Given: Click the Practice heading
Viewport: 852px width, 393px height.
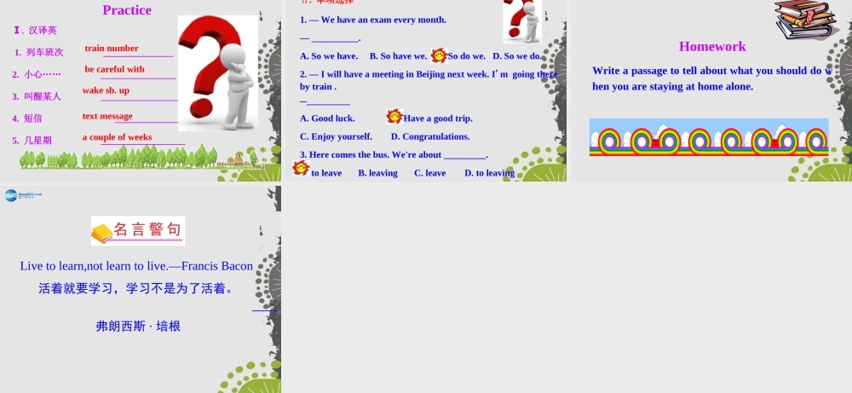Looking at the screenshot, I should click(127, 10).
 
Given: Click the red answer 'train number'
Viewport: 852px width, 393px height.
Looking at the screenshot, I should click(112, 49).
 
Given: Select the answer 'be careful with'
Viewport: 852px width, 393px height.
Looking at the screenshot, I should click(114, 69).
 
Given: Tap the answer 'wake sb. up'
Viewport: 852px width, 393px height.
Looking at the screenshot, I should click(106, 90).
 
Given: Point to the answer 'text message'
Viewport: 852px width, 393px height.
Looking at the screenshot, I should click(107, 116).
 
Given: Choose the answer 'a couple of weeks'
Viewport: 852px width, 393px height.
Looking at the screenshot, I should click(117, 137).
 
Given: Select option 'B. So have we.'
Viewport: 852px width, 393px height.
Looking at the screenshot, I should click(398, 56).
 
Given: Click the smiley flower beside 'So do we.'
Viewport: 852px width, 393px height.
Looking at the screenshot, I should click(439, 55).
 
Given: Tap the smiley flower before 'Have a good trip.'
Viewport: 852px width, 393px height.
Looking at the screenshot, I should click(394, 117).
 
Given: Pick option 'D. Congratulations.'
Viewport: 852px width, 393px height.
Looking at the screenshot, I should click(430, 136).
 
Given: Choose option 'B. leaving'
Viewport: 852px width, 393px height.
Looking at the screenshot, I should click(377, 173).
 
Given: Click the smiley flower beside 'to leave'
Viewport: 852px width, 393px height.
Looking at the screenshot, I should click(301, 168).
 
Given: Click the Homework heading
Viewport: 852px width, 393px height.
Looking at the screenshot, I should click(712, 47).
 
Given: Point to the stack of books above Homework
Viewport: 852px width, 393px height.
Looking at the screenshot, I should click(804, 19).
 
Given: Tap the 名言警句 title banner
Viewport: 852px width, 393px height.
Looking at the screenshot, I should click(138, 230).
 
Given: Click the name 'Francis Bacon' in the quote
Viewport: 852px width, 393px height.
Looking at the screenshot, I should click(217, 266).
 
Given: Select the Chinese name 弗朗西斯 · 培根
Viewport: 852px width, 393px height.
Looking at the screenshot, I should click(138, 326).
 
